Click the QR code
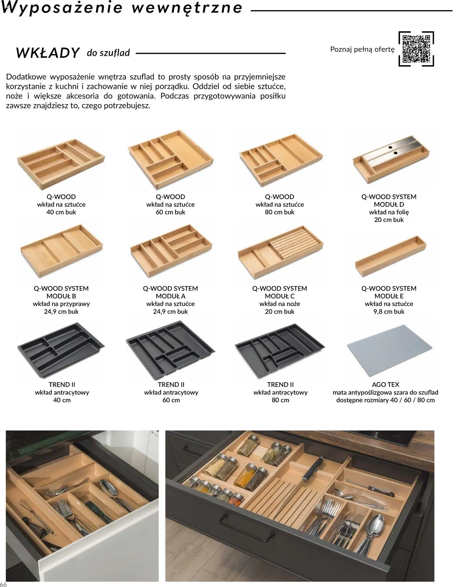coord(416,49)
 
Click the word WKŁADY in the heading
coord(48,53)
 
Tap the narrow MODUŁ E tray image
coord(390,253)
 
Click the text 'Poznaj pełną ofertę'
coord(362,49)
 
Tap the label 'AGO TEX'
coord(385,385)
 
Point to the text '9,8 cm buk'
coord(389,311)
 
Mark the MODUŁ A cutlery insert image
coord(171,250)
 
